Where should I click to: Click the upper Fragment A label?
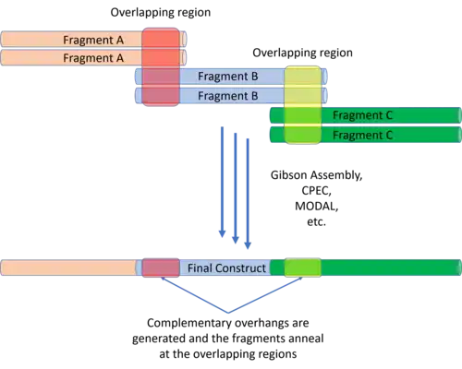93,40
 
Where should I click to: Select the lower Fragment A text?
93,58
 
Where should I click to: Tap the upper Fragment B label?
228,76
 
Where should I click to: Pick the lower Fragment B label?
228,96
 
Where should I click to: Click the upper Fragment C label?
362,115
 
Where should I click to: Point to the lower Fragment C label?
362,135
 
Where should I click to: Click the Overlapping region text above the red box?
161,13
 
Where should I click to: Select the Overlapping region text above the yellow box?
302,53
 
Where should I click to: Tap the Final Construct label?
226,268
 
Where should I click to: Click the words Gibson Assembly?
316,175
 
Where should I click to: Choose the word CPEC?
315,191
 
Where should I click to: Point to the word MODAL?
317,206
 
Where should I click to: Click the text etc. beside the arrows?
316,221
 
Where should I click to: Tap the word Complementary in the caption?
189,323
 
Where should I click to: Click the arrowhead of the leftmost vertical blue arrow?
222,233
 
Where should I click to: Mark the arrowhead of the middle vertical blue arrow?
236,240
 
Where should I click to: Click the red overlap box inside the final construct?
161,268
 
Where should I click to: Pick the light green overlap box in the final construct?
302,268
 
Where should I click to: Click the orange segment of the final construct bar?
68,268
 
